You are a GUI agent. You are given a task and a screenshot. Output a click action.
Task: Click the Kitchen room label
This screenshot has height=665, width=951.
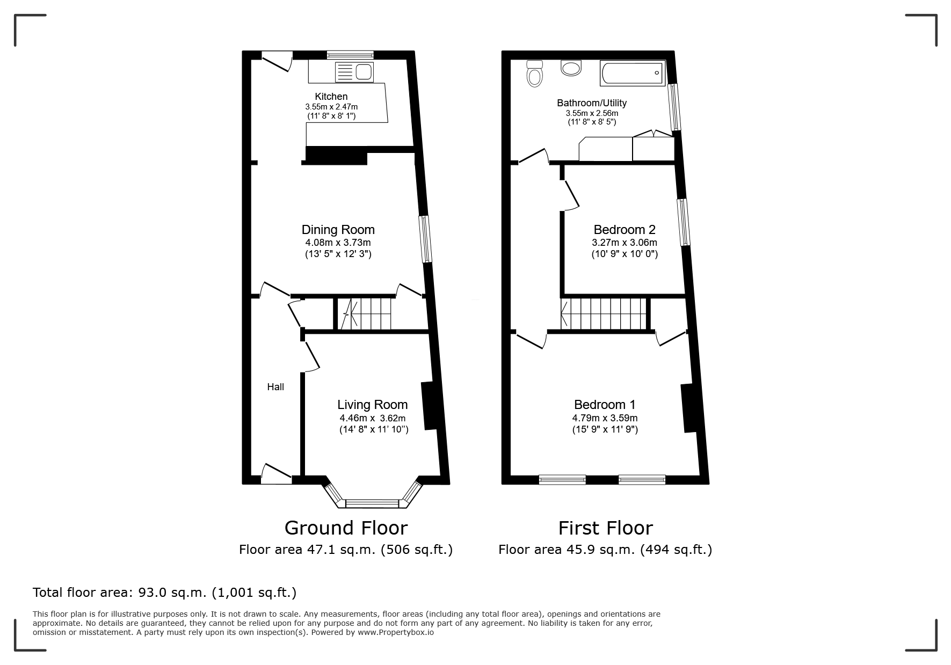tap(331, 97)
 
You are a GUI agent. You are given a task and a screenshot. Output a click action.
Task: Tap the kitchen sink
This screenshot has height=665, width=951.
tap(354, 72)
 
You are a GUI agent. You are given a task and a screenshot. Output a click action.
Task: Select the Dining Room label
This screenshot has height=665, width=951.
tap(338, 230)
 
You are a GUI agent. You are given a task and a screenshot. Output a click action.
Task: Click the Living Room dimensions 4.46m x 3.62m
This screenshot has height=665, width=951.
tap(372, 418)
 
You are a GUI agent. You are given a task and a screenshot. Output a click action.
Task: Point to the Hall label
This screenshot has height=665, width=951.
tap(275, 387)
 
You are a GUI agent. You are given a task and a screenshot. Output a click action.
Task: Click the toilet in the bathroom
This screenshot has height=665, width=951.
tap(535, 73)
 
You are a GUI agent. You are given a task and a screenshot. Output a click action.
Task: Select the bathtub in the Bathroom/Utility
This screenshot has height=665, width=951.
tap(633, 73)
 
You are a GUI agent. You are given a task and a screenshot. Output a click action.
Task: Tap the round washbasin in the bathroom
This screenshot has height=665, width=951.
tap(571, 68)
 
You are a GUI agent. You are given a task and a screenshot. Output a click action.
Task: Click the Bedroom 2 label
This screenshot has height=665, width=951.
tap(625, 230)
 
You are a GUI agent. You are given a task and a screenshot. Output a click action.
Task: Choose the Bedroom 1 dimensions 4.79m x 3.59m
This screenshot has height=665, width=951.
tap(605, 418)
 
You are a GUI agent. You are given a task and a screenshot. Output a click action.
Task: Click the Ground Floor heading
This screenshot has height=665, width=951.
tap(346, 528)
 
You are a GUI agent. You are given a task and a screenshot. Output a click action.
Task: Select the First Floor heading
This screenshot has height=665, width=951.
tap(605, 528)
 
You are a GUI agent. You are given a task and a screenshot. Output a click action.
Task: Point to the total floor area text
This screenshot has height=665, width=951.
tap(164, 593)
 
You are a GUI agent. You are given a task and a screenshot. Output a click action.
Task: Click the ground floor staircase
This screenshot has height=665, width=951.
tap(363, 313)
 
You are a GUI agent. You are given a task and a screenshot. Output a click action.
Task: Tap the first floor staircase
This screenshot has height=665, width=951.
tap(604, 313)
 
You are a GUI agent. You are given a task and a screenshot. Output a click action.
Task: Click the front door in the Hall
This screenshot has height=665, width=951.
tap(277, 473)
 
